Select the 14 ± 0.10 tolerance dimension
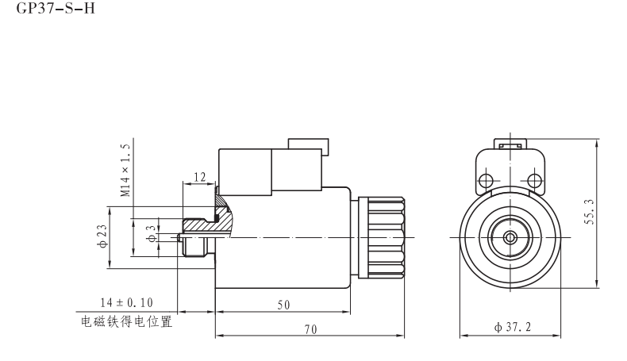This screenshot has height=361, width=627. click(x=126, y=302)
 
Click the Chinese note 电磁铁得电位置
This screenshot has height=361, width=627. click(x=126, y=322)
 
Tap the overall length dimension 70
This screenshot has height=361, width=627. click(x=310, y=330)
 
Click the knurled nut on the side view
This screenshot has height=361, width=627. click(x=384, y=236)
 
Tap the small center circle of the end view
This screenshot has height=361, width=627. click(x=508, y=236)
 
